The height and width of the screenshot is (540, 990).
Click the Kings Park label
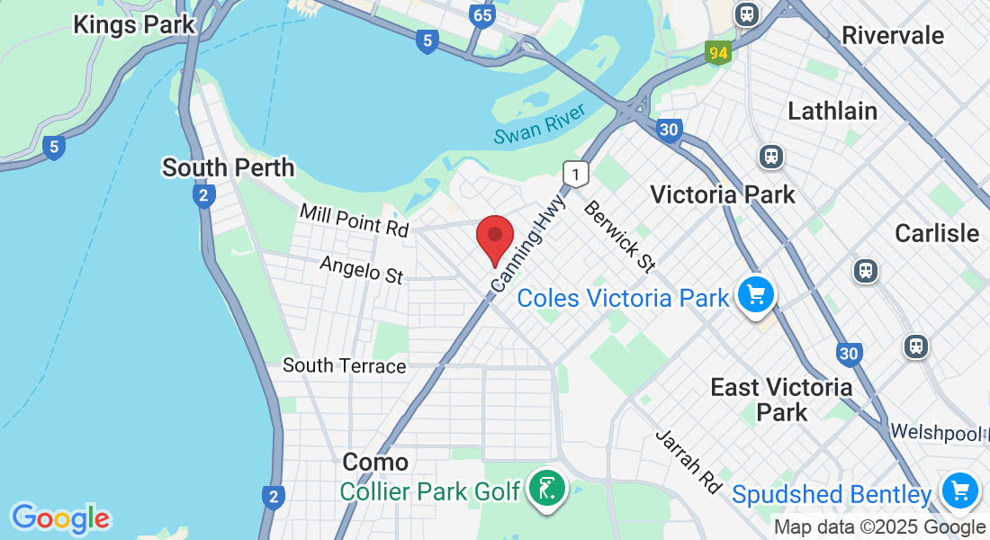[x=134, y=24]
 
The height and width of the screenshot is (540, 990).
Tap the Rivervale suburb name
[x=893, y=36]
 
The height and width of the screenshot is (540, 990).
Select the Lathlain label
[x=832, y=112]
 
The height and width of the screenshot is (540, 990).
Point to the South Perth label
[x=228, y=168]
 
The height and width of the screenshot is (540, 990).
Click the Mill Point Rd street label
[x=355, y=220]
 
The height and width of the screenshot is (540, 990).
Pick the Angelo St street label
[x=362, y=269]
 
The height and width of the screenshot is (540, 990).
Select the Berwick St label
[x=618, y=236]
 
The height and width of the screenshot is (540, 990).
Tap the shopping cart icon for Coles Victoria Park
[x=755, y=294]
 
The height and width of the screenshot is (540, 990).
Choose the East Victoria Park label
[x=781, y=400]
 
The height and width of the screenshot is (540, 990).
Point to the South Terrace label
[x=345, y=365]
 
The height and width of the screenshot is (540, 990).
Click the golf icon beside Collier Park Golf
[x=546, y=489]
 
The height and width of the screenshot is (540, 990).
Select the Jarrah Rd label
[x=688, y=462]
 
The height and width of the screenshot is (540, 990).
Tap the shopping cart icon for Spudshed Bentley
[x=960, y=491]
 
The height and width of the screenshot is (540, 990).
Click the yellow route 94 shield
[x=717, y=52]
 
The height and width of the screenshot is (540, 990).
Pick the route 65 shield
[x=482, y=15]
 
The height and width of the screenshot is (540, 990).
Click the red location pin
[x=494, y=238]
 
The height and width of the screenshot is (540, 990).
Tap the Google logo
[x=60, y=518]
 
